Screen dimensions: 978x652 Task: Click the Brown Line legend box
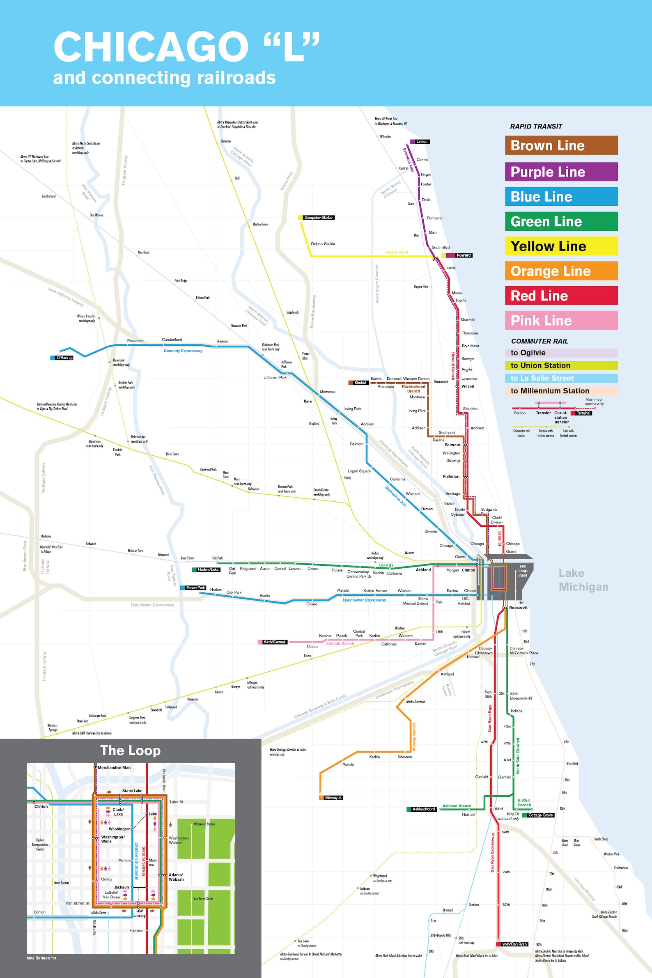561,145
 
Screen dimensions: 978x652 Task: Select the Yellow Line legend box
561,246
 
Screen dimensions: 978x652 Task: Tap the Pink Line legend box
561,320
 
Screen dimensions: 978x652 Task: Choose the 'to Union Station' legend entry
561,365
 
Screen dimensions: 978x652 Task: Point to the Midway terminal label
333,797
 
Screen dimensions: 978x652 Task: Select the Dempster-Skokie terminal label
318,218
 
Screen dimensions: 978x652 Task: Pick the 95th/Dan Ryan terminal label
514,944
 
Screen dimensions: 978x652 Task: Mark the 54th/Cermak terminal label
274,642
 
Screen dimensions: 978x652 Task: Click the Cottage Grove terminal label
540,815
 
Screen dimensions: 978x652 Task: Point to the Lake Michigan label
583,580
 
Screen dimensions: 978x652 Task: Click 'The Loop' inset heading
130,751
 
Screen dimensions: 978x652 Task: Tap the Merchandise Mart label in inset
114,768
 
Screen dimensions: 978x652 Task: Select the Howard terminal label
463,255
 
